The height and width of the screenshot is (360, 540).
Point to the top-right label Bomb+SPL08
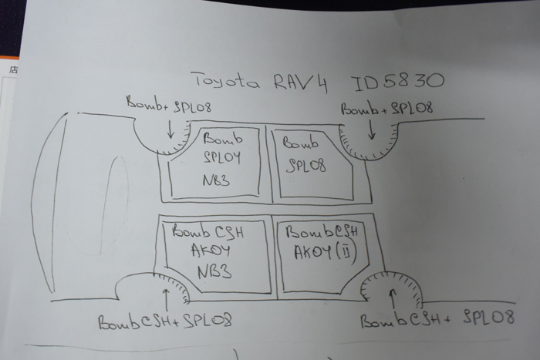pos(386,108)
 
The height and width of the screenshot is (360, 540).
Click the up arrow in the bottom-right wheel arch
pos(393,294)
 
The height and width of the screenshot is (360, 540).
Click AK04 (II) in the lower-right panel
pos(319,251)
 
